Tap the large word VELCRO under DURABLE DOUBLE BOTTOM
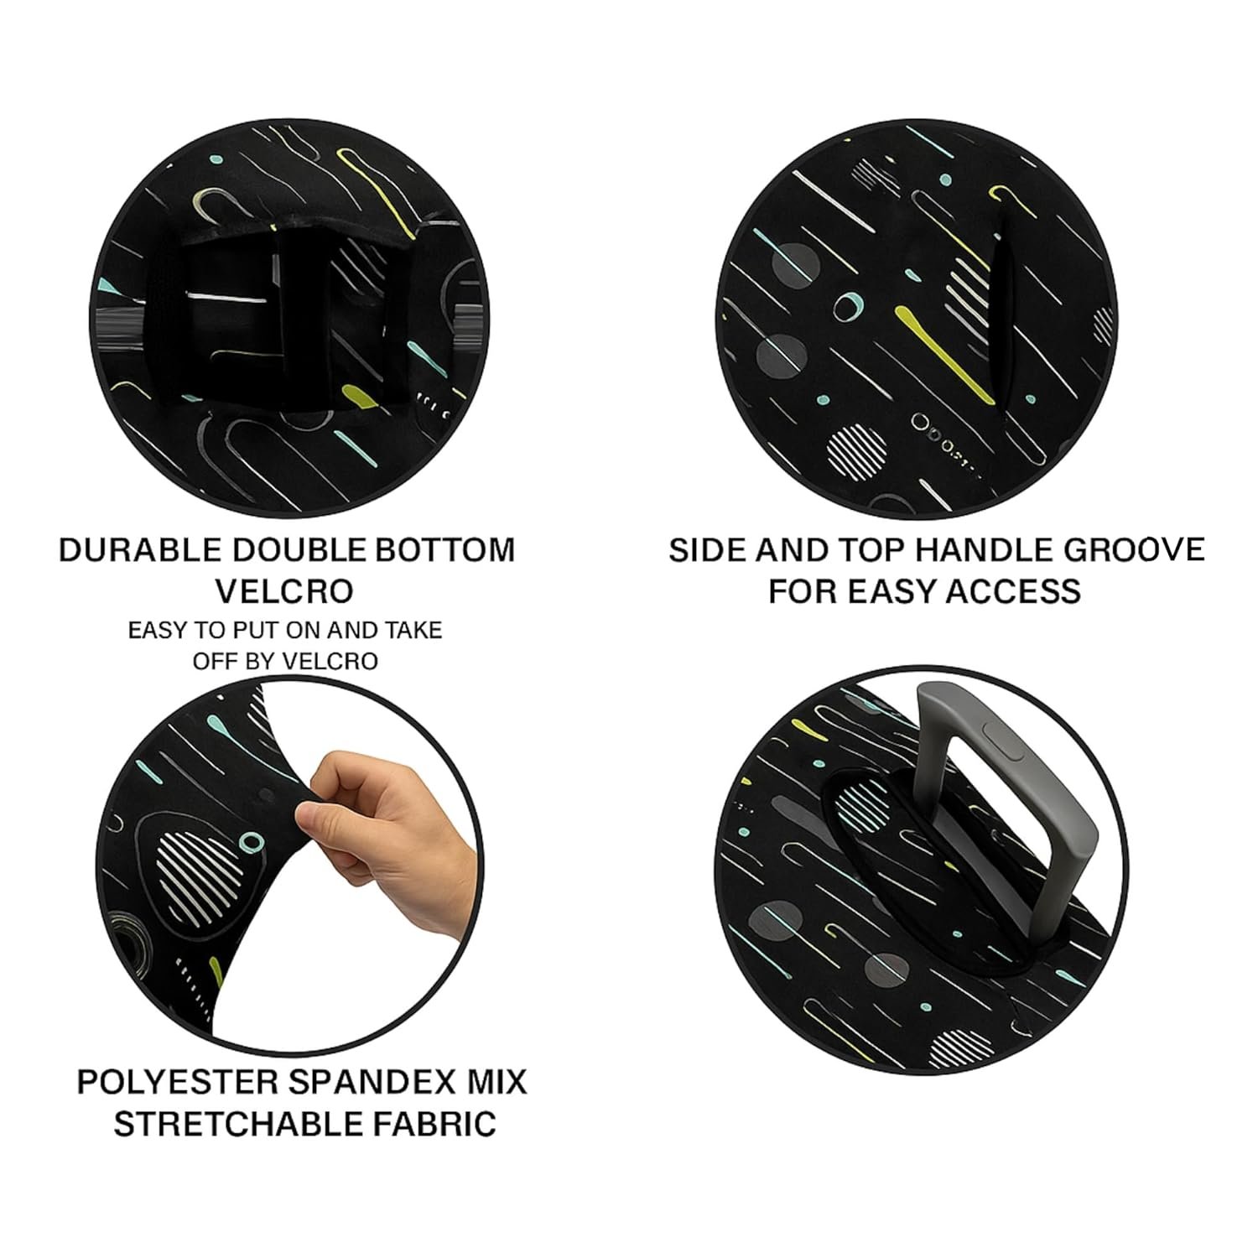pos(285,591)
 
